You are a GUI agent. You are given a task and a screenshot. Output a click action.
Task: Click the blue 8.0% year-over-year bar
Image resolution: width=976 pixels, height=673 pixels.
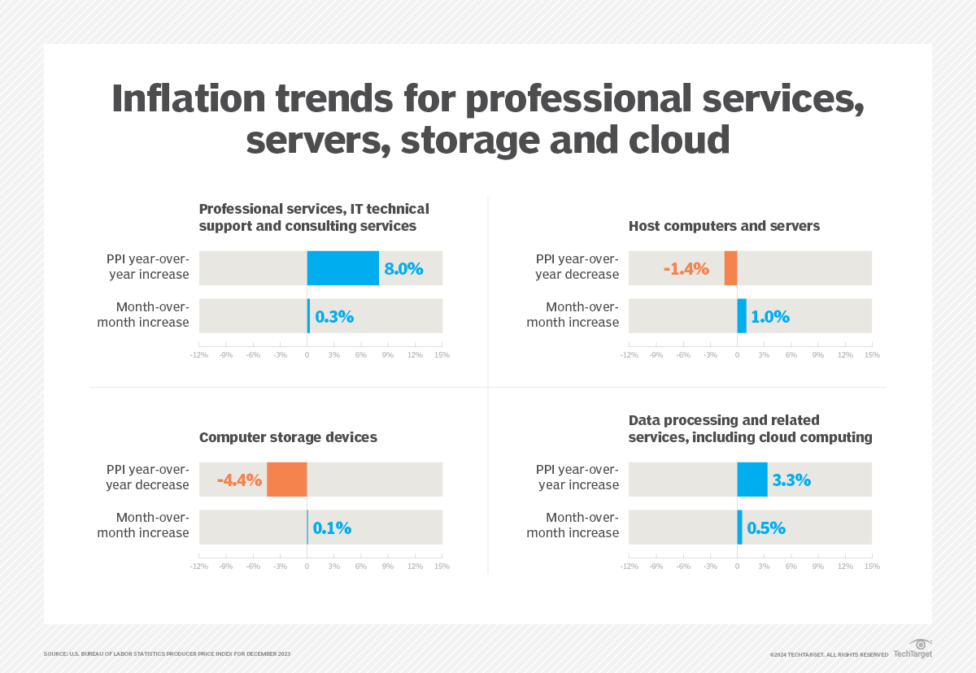coord(342,268)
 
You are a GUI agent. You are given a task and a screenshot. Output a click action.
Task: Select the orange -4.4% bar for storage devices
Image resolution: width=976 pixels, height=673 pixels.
coord(286,479)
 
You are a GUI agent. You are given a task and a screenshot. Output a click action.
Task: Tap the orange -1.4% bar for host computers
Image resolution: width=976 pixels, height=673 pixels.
coord(730,268)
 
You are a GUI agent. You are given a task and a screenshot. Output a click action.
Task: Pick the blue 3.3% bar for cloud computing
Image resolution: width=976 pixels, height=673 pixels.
coord(752,479)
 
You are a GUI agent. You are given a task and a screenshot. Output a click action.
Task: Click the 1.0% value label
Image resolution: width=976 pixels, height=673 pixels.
coord(769,316)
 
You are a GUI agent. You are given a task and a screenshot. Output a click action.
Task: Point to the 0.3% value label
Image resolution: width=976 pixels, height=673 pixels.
coord(333,316)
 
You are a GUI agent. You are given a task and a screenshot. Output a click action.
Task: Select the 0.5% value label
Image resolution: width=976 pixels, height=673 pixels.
coord(765,528)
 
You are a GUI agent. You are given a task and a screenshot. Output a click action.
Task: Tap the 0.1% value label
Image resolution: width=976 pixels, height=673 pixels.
coord(332,528)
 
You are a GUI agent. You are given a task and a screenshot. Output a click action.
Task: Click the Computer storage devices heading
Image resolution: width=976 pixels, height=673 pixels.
coord(288,437)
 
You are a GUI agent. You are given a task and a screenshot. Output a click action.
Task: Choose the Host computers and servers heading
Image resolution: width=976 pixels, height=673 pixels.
coord(724,226)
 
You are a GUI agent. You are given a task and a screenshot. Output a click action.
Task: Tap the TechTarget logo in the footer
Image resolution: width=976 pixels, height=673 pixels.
coord(913,649)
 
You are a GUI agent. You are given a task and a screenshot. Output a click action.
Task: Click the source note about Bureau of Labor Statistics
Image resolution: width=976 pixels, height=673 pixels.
coord(167,654)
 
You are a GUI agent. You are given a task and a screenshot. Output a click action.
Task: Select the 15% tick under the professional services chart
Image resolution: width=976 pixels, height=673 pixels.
coord(442,355)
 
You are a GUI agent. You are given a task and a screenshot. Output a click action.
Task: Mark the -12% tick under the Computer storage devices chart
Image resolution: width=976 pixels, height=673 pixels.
coord(199,567)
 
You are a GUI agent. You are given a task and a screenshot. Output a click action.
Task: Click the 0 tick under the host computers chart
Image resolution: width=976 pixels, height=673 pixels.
coord(737,355)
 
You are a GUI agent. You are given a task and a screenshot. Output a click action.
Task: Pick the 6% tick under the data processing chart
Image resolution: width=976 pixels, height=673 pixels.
coord(791,567)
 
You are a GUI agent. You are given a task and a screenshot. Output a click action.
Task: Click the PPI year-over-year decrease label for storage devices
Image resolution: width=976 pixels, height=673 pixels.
coord(147,477)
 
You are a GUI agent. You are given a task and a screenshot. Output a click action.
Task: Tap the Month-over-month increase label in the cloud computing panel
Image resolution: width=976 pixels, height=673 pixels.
coord(573,525)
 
